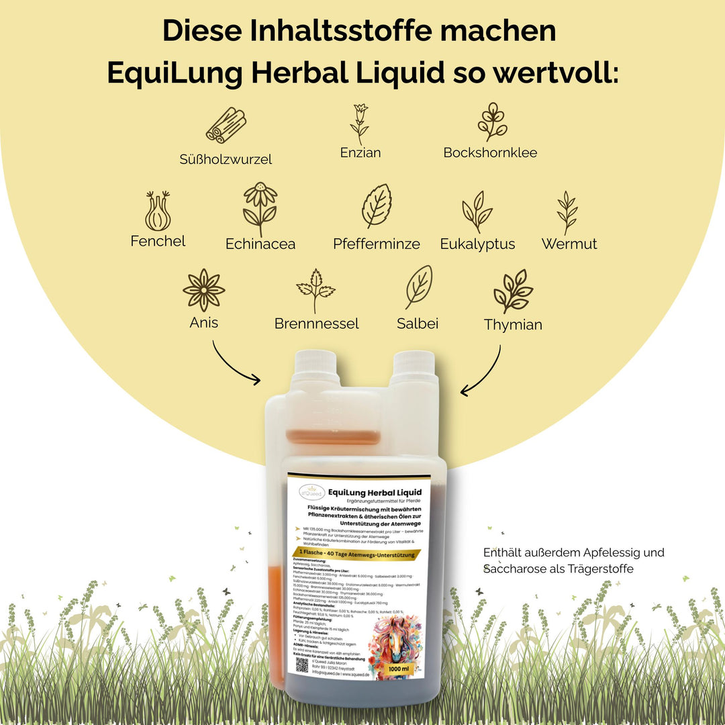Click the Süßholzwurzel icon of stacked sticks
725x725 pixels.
(x=226, y=126)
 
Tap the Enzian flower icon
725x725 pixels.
(x=360, y=124)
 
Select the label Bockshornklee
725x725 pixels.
(x=490, y=152)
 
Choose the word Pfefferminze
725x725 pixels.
(x=376, y=244)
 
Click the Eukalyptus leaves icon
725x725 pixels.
(x=477, y=211)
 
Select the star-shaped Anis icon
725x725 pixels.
(x=204, y=290)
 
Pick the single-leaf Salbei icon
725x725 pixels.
(x=418, y=287)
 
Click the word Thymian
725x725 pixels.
(x=513, y=325)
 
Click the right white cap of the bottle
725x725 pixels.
(x=414, y=368)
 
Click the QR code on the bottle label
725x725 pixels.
(x=303, y=665)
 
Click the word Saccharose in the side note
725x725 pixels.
(x=513, y=569)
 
